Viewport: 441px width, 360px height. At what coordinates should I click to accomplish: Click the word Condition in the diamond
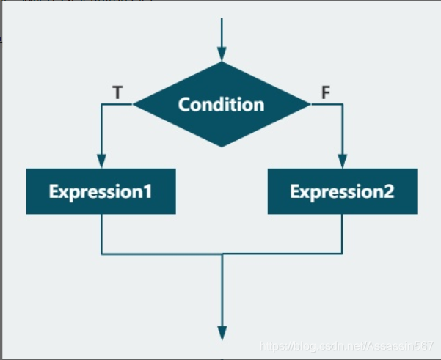point(221,104)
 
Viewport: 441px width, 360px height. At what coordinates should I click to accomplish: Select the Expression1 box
point(101,191)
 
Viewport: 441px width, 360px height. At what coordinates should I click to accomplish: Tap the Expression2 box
point(342,191)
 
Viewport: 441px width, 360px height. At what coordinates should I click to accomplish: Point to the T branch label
point(117,93)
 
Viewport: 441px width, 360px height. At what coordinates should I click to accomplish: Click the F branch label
point(327,93)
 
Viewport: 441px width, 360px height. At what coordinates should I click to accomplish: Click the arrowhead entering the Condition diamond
point(221,54)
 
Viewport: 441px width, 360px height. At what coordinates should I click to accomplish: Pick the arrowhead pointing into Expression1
point(101,161)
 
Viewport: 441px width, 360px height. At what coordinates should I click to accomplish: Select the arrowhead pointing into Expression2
point(342,161)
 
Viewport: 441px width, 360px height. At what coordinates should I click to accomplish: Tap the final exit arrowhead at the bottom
point(221,333)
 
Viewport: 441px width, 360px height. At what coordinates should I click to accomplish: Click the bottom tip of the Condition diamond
point(221,146)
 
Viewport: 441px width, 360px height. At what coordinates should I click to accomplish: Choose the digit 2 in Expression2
point(389,192)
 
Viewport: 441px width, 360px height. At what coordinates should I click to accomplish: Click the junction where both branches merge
point(221,254)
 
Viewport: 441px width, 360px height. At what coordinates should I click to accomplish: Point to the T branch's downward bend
point(101,105)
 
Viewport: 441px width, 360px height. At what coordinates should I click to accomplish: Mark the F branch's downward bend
point(342,105)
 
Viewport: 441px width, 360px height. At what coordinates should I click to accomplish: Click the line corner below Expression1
point(101,254)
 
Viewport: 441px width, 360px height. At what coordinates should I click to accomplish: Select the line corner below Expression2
point(342,254)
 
